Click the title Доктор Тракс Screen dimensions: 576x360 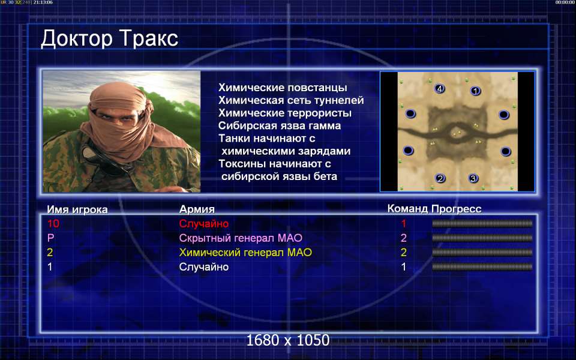pos(109,38)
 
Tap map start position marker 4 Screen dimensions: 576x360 pos(439,89)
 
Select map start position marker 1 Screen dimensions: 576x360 pos(475,91)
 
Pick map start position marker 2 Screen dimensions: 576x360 pos(440,179)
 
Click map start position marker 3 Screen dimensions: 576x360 pos(473,179)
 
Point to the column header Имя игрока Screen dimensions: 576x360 pos(77,209)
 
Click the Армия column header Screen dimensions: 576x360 pos(197,209)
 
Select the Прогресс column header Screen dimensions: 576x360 pos(457,209)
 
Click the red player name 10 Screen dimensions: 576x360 pos(53,223)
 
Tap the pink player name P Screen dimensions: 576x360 pos(50,238)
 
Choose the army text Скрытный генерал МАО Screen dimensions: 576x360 pos(241,238)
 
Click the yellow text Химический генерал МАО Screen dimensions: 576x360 pos(245,253)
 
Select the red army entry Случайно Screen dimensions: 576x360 pos(204,223)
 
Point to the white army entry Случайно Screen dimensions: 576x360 pos(204,266)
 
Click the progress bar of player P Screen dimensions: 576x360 pos(482,238)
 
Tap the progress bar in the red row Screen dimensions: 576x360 pos(482,223)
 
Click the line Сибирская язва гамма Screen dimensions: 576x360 pos(280,125)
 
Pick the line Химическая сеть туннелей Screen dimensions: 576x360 pos(291,100)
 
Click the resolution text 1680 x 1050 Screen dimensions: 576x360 pos(288,340)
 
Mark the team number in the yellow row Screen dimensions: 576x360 pos(404,253)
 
